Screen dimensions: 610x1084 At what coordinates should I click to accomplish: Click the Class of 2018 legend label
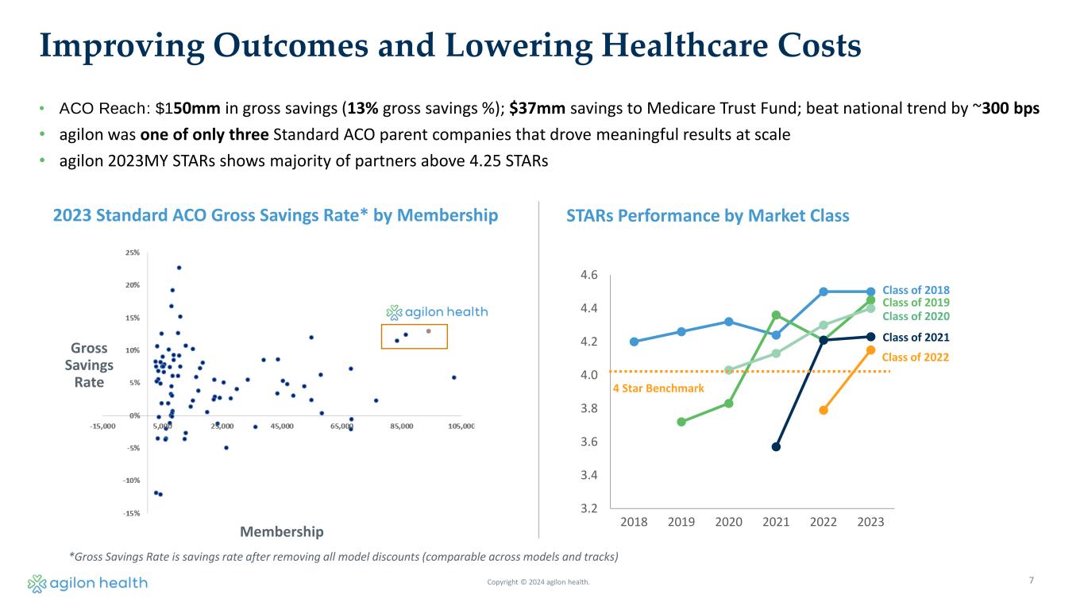(x=916, y=290)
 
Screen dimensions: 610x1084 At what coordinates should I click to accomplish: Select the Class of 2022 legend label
(x=916, y=357)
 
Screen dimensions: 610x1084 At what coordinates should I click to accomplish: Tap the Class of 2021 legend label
(x=916, y=337)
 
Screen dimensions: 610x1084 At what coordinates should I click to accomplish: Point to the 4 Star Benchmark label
(x=658, y=388)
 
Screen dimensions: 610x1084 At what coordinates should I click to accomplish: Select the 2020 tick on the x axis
(x=728, y=521)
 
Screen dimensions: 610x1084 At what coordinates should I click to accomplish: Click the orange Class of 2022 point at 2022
(x=824, y=410)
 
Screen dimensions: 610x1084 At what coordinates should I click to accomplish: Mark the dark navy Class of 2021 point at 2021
(x=776, y=446)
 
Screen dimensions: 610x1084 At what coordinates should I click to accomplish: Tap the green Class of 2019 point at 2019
(x=681, y=422)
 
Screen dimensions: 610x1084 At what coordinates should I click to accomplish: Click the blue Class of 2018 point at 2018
(x=634, y=342)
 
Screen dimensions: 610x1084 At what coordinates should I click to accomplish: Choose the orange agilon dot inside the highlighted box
(x=428, y=331)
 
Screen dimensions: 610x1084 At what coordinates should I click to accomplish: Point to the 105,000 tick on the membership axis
(x=461, y=427)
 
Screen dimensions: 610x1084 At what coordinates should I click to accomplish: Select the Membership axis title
(x=282, y=531)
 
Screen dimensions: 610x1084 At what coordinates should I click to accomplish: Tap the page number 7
(x=1031, y=581)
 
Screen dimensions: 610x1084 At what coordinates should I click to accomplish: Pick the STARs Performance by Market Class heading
(x=708, y=215)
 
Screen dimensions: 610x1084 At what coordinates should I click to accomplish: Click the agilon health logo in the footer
(x=87, y=584)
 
